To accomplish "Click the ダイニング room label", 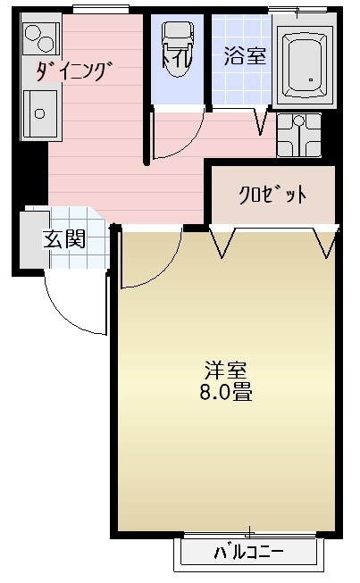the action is (x=74, y=71).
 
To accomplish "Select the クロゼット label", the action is (x=272, y=195).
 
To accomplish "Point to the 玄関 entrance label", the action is (x=64, y=238).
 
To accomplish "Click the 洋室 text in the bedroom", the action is (x=225, y=370).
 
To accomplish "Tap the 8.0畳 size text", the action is (x=226, y=392).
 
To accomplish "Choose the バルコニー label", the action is (x=249, y=553).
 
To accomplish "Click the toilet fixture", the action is (x=178, y=49).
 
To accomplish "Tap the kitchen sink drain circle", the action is (x=39, y=113).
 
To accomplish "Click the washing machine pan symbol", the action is (x=298, y=135).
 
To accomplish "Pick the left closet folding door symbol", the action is (x=222, y=241).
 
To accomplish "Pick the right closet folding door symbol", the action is (x=325, y=242).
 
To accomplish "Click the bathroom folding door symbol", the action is (x=262, y=121).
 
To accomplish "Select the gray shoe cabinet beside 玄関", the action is (x=35, y=239).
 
